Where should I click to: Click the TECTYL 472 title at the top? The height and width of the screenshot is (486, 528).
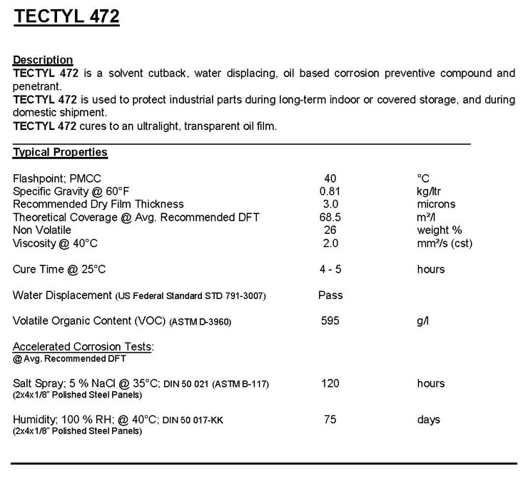coord(66,17)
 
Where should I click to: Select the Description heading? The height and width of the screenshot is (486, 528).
coord(43,60)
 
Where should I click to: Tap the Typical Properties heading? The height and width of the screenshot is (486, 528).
coord(60,152)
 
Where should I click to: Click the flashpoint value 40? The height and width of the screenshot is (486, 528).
coord(330,178)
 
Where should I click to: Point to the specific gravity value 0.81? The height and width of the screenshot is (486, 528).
coord(330,191)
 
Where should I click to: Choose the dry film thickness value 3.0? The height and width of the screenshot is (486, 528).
coord(330,204)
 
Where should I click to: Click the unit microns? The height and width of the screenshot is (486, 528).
coord(436,204)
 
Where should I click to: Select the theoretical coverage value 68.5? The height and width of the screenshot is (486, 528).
coord(330,217)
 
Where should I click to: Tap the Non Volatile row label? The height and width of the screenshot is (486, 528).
coord(42,230)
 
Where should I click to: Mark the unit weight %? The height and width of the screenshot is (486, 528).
coord(440,230)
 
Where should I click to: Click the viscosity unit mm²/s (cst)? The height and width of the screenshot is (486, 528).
coord(445,243)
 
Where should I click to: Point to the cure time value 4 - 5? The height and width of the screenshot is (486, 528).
coord(330,269)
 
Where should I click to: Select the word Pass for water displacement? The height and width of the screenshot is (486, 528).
coord(330,295)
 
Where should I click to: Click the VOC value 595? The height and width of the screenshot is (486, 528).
coord(330,321)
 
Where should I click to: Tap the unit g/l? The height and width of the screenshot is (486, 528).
coord(423,321)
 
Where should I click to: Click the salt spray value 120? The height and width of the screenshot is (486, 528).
coord(330,383)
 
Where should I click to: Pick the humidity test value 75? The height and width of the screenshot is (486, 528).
coord(330,420)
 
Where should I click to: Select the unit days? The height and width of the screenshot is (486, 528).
coord(429,420)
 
